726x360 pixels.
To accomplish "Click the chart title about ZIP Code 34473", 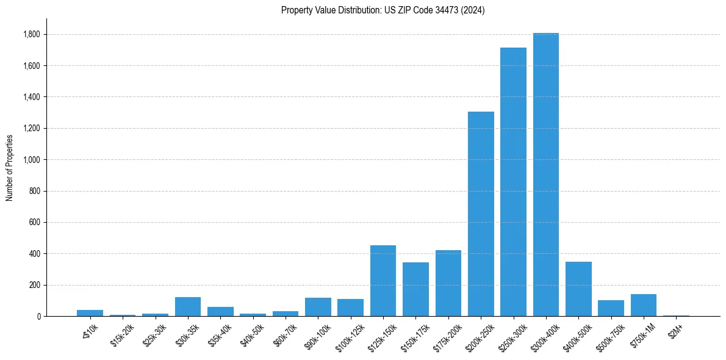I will coord(383,10).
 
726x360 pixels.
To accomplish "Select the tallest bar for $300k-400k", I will coord(546,175).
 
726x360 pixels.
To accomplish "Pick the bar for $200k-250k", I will coord(481,214).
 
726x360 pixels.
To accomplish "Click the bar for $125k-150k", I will coord(383,281).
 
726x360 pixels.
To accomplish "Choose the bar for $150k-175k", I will coord(415,289).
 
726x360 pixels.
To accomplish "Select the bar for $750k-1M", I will coord(644,305).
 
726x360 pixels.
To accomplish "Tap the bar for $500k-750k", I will coord(611,308).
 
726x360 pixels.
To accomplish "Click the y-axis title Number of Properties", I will coord(10,168).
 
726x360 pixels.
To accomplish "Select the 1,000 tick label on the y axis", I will coord(32,160).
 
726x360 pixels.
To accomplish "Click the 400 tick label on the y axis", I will coord(35,254).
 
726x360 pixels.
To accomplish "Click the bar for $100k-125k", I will coord(351,308).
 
